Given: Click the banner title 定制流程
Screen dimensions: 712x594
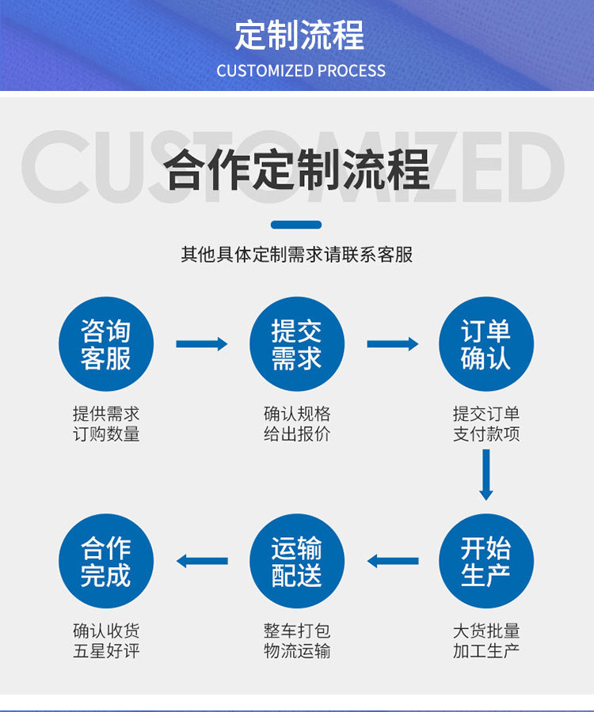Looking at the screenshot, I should tap(299, 36).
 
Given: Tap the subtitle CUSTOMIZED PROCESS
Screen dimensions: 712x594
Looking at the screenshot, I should tap(301, 70).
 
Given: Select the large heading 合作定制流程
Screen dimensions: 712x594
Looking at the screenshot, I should tap(298, 169).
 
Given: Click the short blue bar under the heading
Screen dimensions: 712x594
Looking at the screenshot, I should tap(296, 225).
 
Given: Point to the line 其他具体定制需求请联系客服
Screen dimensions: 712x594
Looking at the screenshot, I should tap(297, 255).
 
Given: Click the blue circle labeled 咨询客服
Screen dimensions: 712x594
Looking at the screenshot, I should tap(106, 344).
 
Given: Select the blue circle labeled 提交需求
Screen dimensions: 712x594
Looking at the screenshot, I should tap(297, 344).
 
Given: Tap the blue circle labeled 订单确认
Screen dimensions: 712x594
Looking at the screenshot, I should tap(486, 344).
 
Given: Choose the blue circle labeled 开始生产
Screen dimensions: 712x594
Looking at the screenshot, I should tap(486, 561).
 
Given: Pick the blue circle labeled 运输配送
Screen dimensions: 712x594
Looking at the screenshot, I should tap(297, 561).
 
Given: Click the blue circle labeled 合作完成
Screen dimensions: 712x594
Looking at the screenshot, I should tap(106, 561).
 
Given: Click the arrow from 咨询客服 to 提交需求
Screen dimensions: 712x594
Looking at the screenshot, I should tap(201, 344).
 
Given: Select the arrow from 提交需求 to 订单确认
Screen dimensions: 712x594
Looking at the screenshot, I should tap(393, 344).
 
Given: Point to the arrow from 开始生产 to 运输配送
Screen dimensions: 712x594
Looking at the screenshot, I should tap(393, 561).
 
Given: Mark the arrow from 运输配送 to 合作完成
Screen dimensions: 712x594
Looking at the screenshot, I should tap(201, 561).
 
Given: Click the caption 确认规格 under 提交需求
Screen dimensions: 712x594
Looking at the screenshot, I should tap(297, 414).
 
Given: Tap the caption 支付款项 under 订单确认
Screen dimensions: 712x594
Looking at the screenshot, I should tap(486, 434).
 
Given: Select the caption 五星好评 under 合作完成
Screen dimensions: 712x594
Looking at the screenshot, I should tap(106, 652).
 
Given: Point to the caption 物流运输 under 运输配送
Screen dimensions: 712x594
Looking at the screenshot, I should tap(297, 652).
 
